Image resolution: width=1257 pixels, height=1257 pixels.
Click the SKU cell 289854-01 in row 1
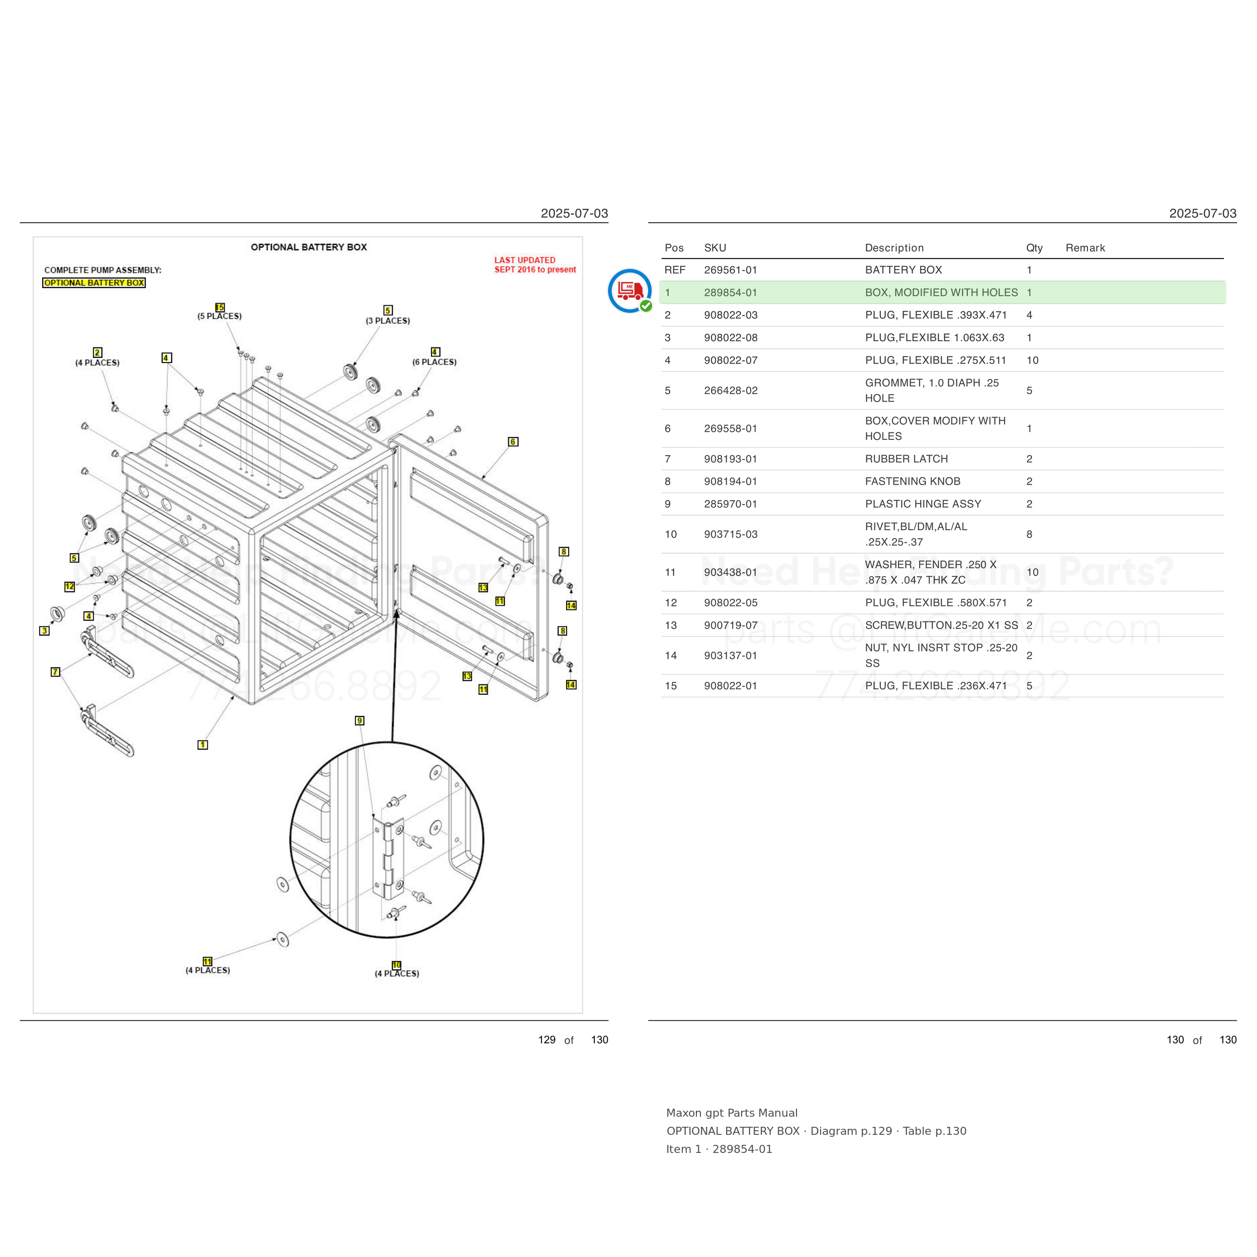point(731,293)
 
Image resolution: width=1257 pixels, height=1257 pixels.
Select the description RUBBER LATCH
point(907,459)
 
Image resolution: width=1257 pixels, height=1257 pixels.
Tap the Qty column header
point(1034,248)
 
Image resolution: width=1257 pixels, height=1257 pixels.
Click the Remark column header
point(1085,248)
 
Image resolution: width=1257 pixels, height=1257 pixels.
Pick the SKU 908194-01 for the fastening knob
point(731,482)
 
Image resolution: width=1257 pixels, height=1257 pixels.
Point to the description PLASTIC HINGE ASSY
point(923,504)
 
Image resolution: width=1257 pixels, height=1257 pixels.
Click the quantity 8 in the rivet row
point(1029,534)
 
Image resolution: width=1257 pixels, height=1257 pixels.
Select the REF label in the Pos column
point(675,270)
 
